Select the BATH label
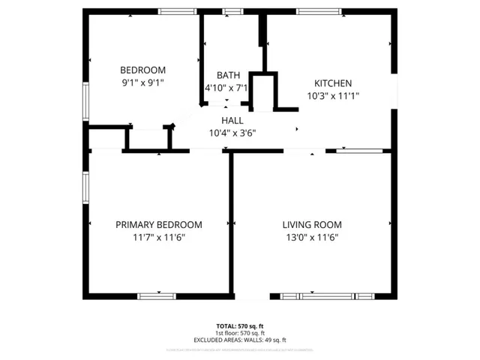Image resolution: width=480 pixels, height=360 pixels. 228,75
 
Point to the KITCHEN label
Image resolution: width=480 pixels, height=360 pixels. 333,83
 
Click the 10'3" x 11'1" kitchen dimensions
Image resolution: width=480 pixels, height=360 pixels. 333,96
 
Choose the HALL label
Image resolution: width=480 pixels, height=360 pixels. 232,121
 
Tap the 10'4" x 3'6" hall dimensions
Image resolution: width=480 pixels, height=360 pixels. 232,133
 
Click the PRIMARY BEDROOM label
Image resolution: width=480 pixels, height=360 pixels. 158,224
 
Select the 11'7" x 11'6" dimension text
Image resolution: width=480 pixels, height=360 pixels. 158,237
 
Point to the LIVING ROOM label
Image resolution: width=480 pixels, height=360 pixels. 312,224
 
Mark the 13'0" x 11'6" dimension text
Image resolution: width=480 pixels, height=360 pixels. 312,237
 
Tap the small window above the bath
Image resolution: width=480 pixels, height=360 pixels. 232,11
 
